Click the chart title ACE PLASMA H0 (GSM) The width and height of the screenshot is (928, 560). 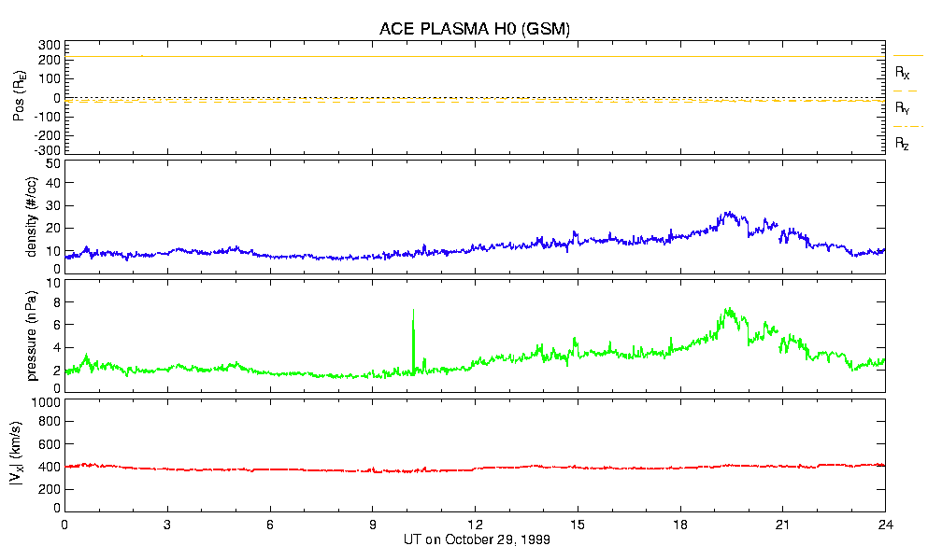[474, 29]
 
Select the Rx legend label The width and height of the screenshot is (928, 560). [902, 72]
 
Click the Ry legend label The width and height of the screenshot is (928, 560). [902, 108]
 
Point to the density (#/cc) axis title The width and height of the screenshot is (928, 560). [34, 217]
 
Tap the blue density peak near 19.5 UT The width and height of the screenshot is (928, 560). [729, 214]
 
